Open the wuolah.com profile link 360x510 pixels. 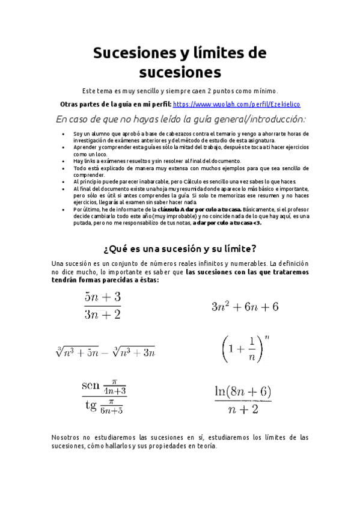[236, 103]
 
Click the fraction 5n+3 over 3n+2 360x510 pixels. [103, 305]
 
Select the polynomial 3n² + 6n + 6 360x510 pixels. [245, 307]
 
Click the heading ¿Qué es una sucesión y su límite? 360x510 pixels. [180, 248]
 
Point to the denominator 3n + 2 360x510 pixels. [103, 315]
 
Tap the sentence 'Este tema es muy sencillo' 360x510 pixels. [180, 90]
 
